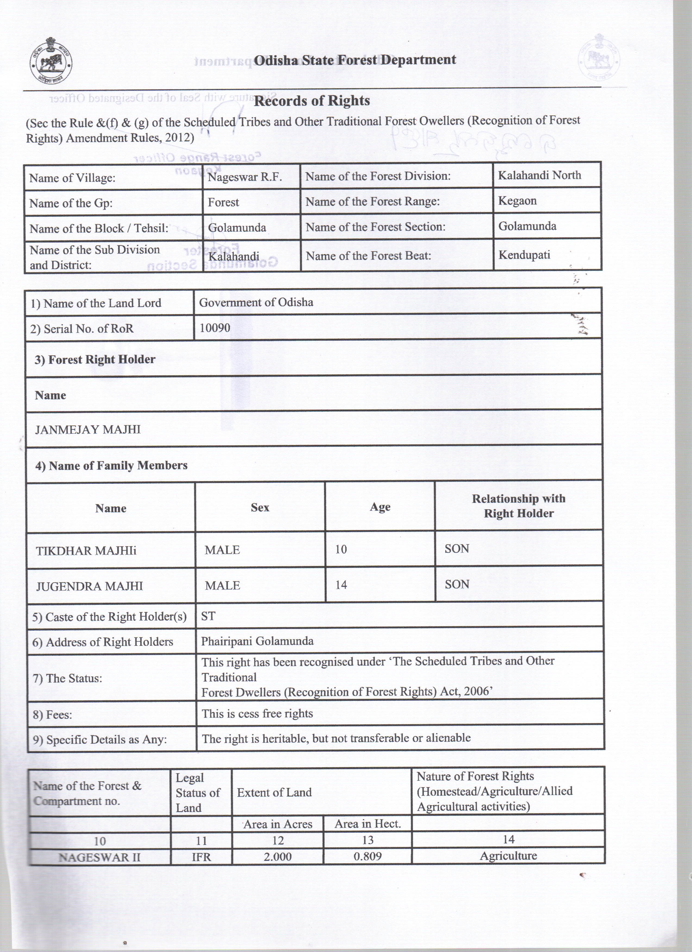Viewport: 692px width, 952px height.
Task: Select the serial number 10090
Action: (215, 328)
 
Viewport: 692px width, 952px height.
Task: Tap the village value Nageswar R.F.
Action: (245, 177)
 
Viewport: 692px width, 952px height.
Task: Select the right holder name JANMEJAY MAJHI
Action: (88, 429)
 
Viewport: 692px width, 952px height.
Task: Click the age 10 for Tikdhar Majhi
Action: (341, 549)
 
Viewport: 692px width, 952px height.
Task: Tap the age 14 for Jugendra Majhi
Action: (341, 585)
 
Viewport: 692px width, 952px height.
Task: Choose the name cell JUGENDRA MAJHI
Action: (90, 586)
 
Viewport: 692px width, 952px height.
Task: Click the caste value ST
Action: (208, 616)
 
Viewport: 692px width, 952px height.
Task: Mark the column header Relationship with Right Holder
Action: (519, 506)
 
